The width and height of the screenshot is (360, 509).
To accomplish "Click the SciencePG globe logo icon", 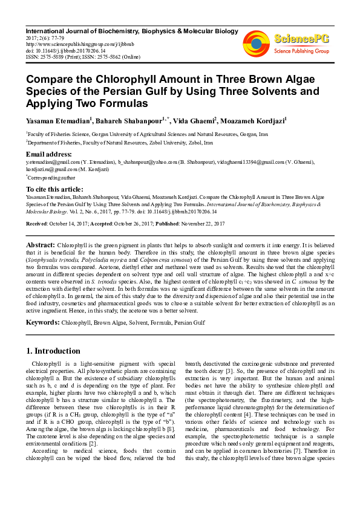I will pyautogui.click(x=257, y=44).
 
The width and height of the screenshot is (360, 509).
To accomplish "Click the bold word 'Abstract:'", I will pyautogui.click(x=41, y=244).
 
